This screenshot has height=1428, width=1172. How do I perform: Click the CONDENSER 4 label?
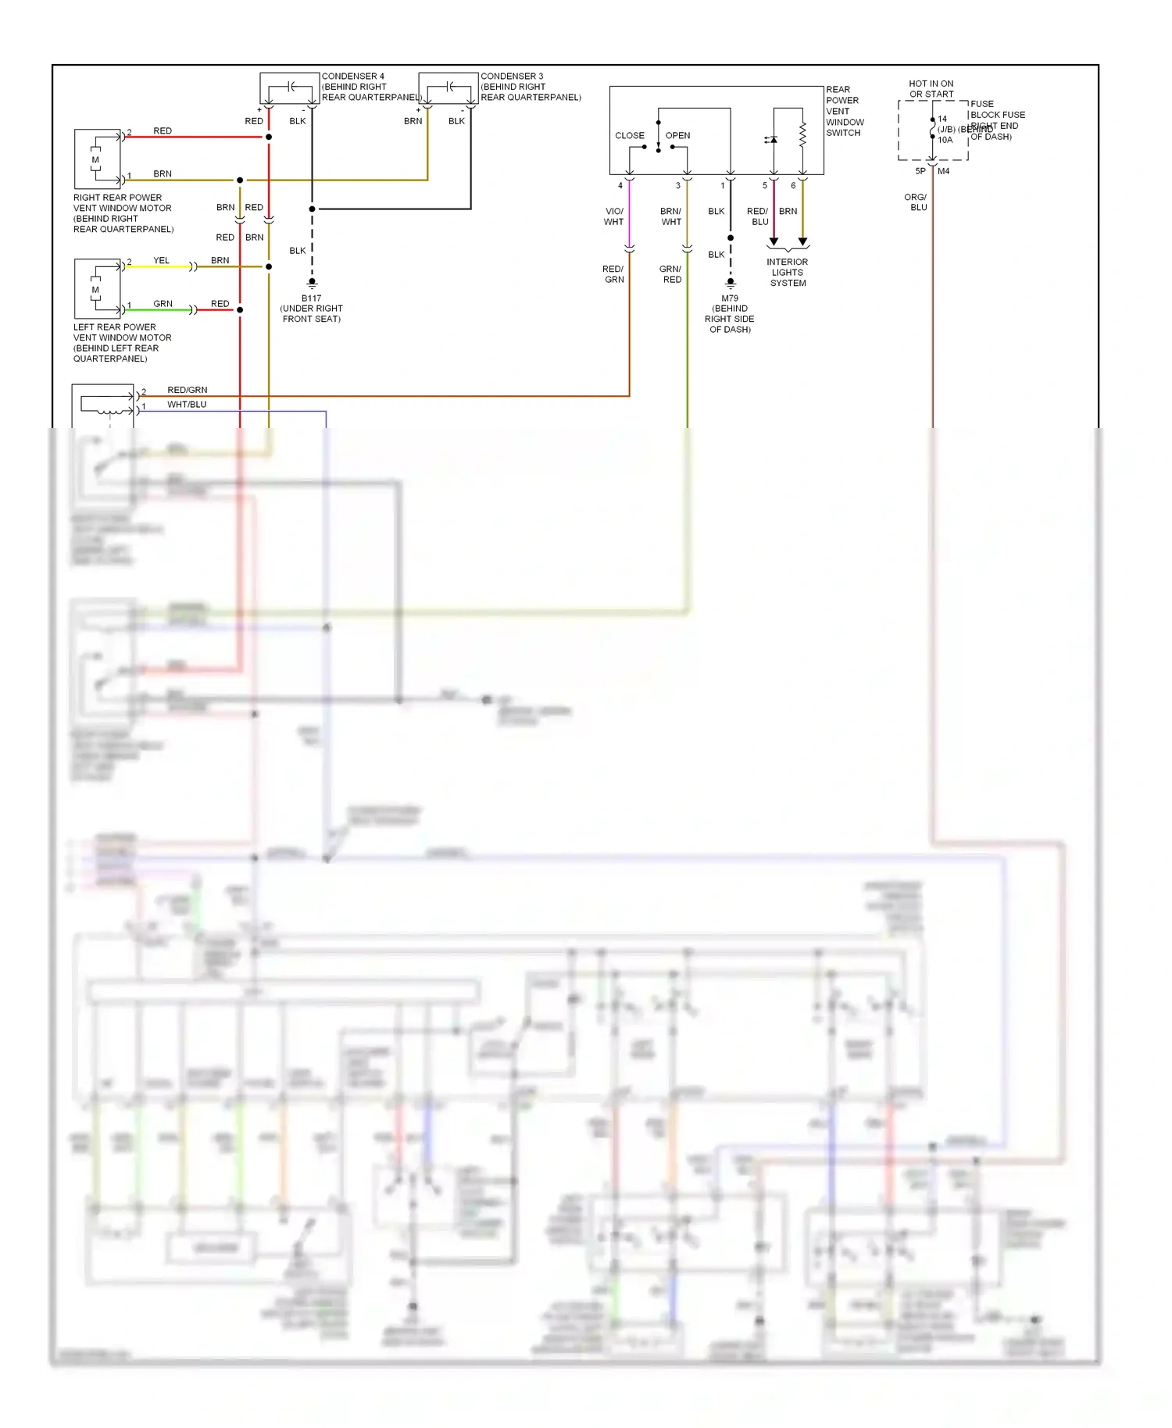pyautogui.click(x=353, y=77)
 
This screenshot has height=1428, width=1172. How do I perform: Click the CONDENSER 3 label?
pyautogui.click(x=512, y=77)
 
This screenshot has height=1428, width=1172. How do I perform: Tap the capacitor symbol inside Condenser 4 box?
pyautogui.click(x=290, y=87)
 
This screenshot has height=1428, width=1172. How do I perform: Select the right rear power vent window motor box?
pyautogui.click(x=98, y=159)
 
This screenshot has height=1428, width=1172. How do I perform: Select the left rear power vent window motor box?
pyautogui.click(x=98, y=288)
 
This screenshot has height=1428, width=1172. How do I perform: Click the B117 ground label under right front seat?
pyautogui.click(x=311, y=308)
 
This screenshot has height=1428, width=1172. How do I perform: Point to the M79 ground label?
pyautogui.click(x=729, y=313)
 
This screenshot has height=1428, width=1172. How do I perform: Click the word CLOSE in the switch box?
pyautogui.click(x=629, y=135)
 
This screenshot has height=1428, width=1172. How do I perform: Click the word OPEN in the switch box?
pyautogui.click(x=677, y=135)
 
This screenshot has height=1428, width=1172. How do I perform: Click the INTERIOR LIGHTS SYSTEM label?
pyautogui.click(x=788, y=273)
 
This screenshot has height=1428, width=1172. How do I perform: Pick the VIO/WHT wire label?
pyautogui.click(x=614, y=216)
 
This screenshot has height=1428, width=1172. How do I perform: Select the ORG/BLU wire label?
pyautogui.click(x=917, y=202)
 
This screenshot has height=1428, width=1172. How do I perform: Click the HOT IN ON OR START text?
pyautogui.click(x=931, y=88)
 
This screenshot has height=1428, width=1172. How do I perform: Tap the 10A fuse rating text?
pyautogui.click(x=945, y=140)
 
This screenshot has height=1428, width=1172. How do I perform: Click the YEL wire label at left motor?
pyautogui.click(x=161, y=260)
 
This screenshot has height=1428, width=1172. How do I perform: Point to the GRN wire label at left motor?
pyautogui.click(x=163, y=303)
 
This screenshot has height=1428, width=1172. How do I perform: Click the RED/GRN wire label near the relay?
pyautogui.click(x=187, y=390)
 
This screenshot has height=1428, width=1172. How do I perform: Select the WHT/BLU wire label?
pyautogui.click(x=187, y=404)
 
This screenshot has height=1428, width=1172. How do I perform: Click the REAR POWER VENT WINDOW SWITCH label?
pyautogui.click(x=845, y=111)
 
